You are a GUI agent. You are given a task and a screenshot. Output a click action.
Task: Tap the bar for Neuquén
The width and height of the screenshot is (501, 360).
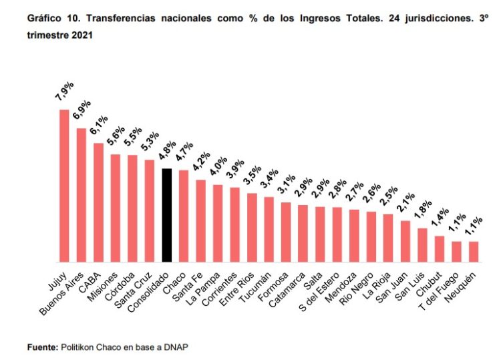[x=474, y=251]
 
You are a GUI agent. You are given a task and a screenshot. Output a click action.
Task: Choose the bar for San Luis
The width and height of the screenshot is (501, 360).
[x=422, y=244]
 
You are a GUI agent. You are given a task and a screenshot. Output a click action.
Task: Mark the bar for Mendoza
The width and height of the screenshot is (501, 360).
[x=354, y=235]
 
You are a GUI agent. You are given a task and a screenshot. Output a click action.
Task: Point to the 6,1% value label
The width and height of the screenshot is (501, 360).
[x=100, y=126]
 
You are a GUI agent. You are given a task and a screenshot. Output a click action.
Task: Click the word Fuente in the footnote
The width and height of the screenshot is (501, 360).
[x=41, y=347]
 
